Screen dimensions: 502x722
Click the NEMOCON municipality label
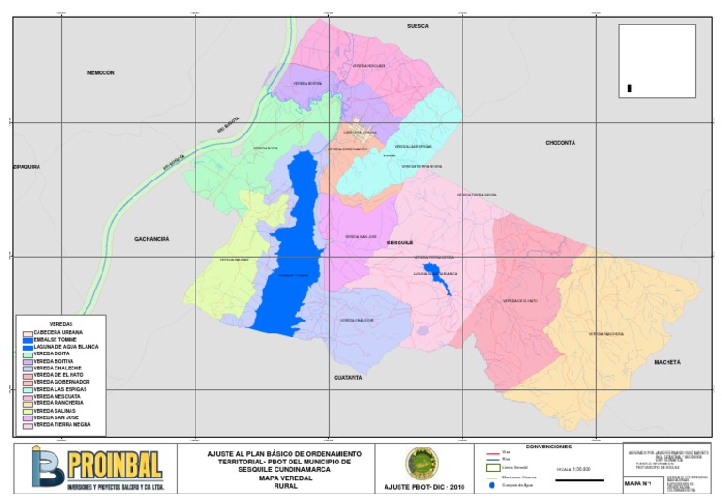tap(101, 72)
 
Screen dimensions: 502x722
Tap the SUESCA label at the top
tap(417, 26)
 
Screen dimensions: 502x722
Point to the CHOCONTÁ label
tap(559, 143)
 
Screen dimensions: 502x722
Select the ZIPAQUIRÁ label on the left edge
tap(26, 166)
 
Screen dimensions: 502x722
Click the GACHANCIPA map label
tap(151, 239)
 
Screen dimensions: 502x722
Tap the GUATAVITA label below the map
tap(348, 377)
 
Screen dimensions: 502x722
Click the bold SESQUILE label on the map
tap(400, 243)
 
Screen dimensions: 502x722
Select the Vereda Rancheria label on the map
tap(606, 334)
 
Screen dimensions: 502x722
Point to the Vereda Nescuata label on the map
tap(369, 66)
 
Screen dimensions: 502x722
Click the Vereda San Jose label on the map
tap(360, 236)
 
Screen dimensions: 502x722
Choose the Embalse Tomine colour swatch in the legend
tap(27, 339)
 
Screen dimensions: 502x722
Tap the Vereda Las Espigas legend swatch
tap(27, 389)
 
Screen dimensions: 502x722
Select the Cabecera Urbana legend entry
tap(61, 332)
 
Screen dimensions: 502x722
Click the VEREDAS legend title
tap(61, 323)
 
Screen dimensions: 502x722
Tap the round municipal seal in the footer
tap(421, 463)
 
